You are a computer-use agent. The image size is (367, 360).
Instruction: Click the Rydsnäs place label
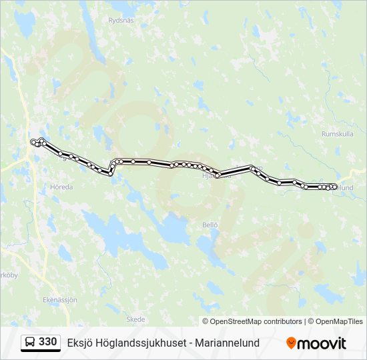121,20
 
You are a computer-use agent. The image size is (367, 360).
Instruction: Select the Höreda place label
61,187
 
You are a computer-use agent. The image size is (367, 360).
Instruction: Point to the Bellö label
210,225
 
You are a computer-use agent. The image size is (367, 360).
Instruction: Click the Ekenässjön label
60,299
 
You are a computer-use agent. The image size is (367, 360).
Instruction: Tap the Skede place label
135,319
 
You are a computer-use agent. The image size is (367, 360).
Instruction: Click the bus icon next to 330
31,343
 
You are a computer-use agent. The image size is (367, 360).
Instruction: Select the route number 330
48,342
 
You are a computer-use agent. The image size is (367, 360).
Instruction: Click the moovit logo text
322,343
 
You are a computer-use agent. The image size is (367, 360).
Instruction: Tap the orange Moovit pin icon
292,343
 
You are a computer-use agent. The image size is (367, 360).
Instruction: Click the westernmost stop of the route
33,141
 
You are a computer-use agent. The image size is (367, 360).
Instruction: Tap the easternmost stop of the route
336,187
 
